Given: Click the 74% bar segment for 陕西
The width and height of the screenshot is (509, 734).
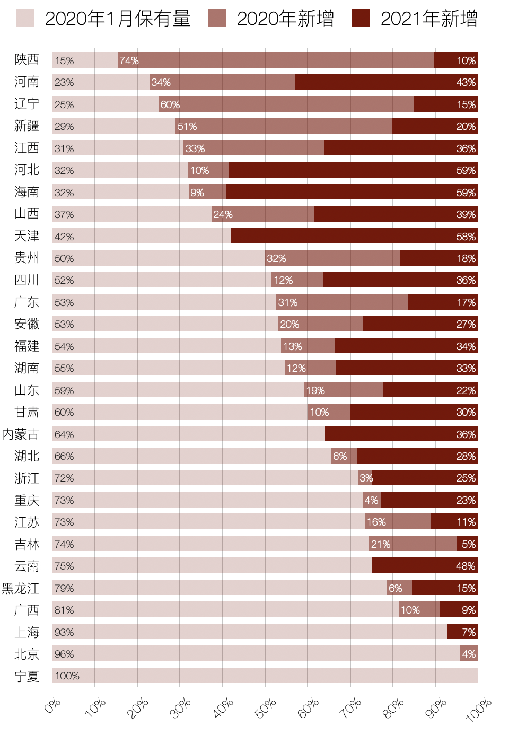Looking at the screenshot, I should coord(276,60).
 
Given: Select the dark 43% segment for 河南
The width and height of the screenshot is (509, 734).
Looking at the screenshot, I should coord(386,82).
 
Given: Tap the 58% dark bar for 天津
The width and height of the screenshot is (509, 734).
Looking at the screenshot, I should coord(354,236).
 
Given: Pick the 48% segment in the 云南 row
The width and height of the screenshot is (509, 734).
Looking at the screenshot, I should coord(425,566).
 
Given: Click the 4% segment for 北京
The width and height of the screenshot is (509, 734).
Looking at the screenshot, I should coord(469,654).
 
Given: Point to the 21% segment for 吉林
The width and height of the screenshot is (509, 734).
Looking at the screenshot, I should coord(413,544).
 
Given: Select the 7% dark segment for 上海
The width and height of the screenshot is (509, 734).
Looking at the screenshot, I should coord(462,632).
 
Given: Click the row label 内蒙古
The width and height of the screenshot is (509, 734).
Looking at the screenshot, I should coord(21,434).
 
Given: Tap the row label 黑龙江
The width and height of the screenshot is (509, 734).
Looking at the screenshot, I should coord(21,588).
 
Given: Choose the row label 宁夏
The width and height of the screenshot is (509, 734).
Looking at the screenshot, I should coord(27,676).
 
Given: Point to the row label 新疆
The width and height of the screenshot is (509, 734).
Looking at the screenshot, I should coord(27,126).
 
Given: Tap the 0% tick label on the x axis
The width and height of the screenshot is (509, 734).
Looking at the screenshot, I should coord(53,706).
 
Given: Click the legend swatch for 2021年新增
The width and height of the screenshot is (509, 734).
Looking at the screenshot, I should coord(361,18).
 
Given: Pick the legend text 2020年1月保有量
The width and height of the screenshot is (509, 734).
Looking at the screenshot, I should coord(118,19).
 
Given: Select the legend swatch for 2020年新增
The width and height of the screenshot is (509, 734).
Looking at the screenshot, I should coord(217,18).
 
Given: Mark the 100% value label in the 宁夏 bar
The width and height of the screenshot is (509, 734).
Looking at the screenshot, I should coord(67,676).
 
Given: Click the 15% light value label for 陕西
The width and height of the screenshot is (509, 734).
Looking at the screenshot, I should coord(64,60).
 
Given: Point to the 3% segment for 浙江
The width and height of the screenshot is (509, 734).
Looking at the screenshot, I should coord(365,478).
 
